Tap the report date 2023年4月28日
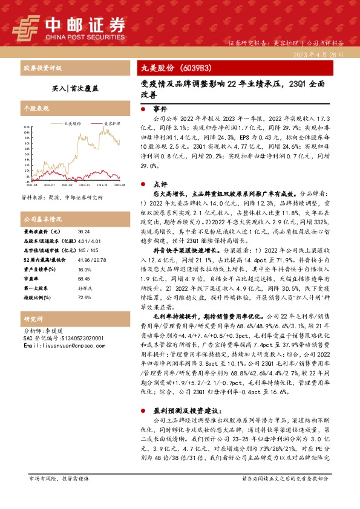coord(321,54)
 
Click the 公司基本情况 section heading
coord(42,219)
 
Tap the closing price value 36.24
coord(83,232)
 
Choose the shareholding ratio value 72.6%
coord(84,298)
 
